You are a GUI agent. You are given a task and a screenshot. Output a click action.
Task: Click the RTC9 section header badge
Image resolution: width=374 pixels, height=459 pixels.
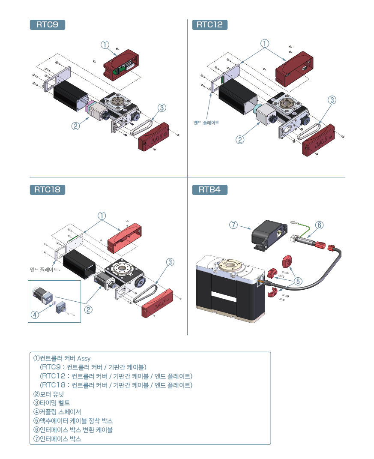pyautogui.click(x=47, y=25)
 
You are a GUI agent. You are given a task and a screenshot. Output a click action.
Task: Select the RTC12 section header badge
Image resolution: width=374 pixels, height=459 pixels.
pyautogui.click(x=210, y=25)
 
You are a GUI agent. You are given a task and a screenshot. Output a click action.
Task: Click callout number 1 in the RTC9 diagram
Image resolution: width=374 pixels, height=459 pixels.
pyautogui.click(x=105, y=45)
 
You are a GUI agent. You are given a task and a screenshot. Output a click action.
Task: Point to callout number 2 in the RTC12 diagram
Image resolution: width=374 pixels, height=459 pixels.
pyautogui.click(x=240, y=139)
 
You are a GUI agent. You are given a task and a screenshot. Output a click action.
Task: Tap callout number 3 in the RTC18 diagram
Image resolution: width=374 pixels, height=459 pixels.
pyautogui.click(x=170, y=262)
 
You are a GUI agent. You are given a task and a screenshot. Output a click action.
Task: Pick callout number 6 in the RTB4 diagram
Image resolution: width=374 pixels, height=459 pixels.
pyautogui.click(x=319, y=225)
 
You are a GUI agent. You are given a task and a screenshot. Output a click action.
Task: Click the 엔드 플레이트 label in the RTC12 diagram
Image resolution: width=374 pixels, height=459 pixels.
pyautogui.click(x=206, y=123)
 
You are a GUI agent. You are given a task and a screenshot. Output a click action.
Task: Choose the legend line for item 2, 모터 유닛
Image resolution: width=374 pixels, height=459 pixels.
pyautogui.click(x=52, y=394)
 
